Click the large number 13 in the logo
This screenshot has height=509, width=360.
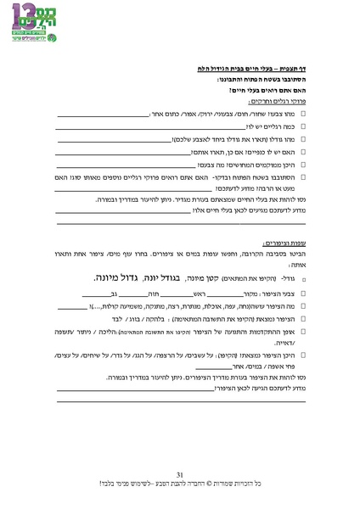27,19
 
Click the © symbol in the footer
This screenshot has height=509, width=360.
197,484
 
